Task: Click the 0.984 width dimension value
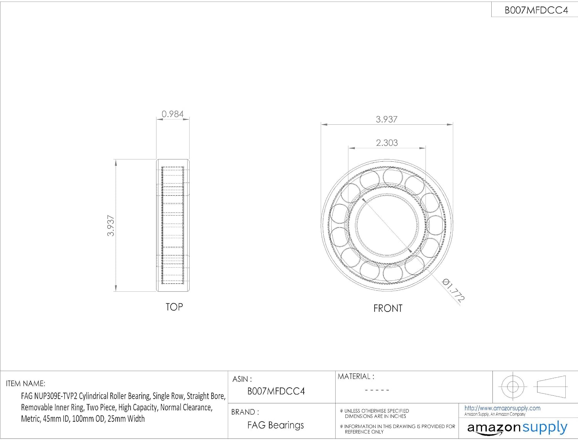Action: (173, 114)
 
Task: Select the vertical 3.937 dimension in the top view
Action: (111, 226)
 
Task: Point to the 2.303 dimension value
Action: (386, 142)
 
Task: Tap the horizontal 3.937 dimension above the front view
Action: (386, 119)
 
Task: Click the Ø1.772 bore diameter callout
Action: (453, 290)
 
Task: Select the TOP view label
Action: (174, 307)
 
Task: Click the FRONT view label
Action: (388, 308)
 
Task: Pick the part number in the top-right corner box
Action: (536, 10)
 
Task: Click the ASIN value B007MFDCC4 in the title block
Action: (276, 391)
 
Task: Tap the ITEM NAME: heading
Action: (25, 383)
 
